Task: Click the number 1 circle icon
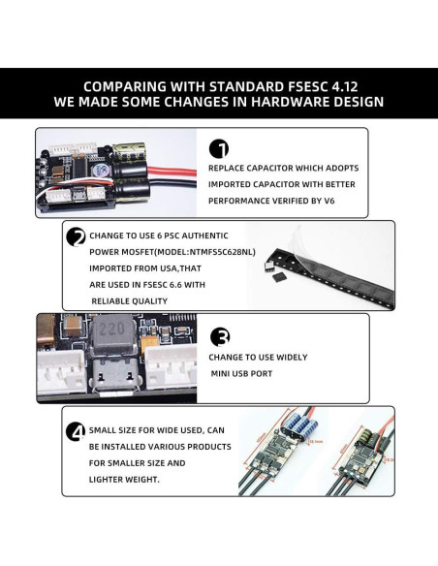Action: click(219, 148)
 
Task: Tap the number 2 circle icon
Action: click(75, 236)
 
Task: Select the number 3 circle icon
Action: click(221, 337)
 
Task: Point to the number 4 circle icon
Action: click(75, 430)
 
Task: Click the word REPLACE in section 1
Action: click(229, 167)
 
